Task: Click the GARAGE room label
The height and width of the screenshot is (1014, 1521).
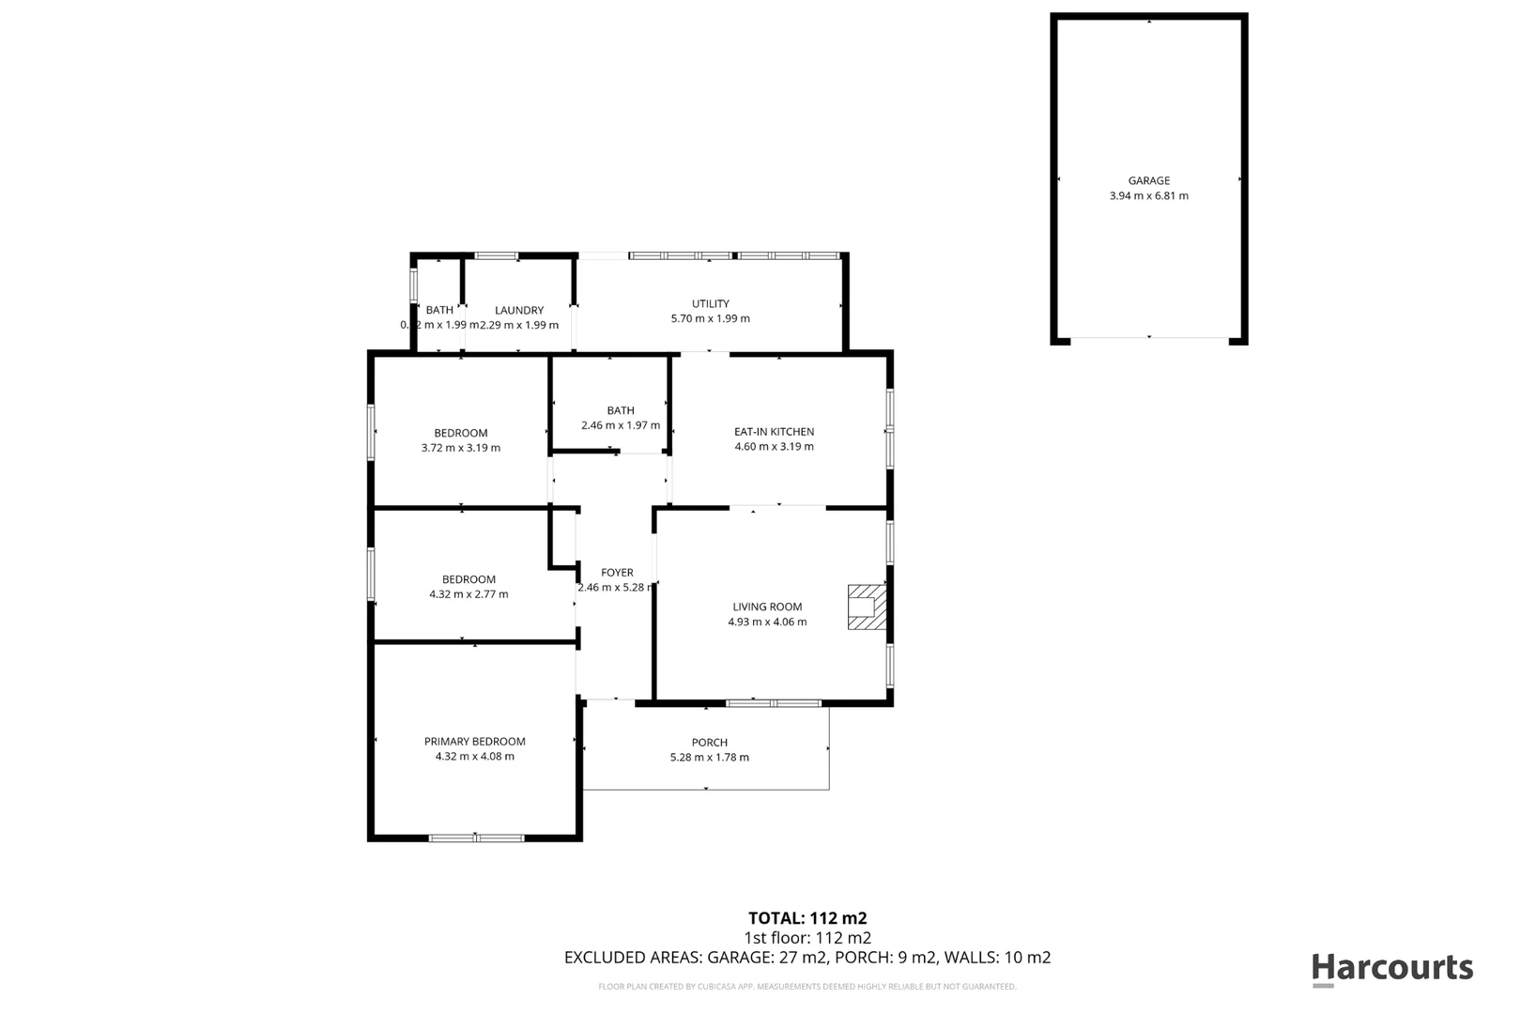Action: (1148, 180)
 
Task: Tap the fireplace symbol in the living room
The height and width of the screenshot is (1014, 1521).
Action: (866, 607)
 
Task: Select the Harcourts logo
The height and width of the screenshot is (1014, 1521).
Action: (1391, 968)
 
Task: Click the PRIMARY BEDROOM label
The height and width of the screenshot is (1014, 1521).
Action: (474, 741)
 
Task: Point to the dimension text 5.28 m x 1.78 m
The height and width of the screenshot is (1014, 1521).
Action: (709, 757)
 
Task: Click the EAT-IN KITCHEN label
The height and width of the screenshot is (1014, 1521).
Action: (774, 432)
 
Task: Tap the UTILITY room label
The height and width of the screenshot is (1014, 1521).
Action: (710, 303)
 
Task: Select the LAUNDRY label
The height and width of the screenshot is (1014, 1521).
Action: (519, 310)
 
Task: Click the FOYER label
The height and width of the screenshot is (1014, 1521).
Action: (617, 572)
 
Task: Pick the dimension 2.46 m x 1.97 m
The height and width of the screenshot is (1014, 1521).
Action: (620, 425)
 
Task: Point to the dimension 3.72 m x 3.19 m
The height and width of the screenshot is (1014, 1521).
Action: (460, 448)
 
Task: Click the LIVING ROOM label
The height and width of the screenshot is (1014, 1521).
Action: (767, 607)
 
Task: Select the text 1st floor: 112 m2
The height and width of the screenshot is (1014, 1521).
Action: (807, 937)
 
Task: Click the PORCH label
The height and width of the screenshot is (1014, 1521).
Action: (709, 742)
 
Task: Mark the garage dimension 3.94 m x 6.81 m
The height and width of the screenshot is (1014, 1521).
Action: (1148, 196)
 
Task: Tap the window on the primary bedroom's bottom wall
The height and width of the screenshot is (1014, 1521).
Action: (476, 837)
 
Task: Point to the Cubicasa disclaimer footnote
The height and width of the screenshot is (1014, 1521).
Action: (807, 987)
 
